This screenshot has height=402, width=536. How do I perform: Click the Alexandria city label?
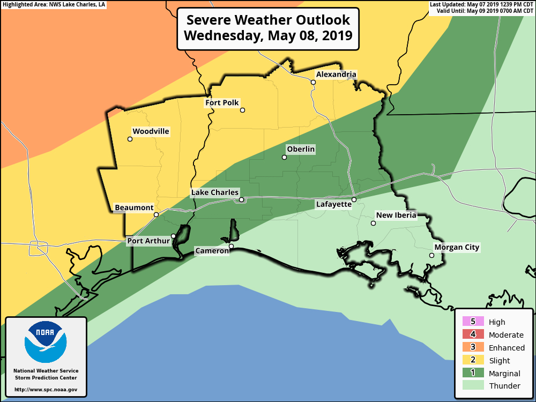click(336, 75)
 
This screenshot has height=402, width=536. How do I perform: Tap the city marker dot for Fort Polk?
click(242, 110)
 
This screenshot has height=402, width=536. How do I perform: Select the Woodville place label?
click(151, 131)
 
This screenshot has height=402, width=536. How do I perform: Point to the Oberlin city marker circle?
click(285, 158)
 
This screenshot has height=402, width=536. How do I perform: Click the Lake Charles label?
click(215, 192)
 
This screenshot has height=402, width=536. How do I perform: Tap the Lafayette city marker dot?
click(354, 200)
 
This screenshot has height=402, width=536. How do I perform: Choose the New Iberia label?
click(396, 215)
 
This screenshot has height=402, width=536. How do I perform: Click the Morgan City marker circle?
click(431, 256)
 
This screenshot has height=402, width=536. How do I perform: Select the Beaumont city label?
click(134, 208)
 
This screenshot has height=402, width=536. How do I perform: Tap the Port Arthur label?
click(148, 241)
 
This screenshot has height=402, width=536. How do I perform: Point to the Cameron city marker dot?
click(232, 247)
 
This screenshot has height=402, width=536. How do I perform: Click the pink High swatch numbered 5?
click(473, 322)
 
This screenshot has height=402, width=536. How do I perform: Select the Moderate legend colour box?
click(473, 334)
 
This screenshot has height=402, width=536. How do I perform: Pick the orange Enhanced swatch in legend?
click(473, 347)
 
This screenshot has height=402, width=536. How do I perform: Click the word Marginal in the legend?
click(504, 373)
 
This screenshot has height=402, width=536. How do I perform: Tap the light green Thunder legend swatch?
click(473, 385)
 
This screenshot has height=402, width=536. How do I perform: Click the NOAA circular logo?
click(46, 343)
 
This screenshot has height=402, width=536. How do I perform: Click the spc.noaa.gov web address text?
click(46, 390)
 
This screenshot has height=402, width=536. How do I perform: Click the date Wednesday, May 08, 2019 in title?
click(267, 36)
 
